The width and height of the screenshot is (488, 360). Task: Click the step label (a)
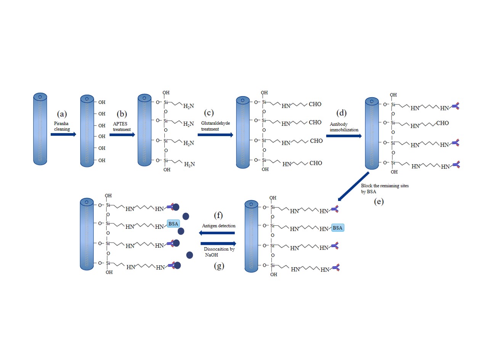[x=62, y=113]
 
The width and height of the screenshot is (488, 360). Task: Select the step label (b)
[x=121, y=113]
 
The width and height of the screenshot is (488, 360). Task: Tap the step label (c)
[x=209, y=113]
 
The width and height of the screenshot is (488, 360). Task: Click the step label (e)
[x=379, y=201]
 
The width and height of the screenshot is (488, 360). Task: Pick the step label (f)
[x=218, y=216]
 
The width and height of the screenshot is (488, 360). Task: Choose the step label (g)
[x=218, y=265]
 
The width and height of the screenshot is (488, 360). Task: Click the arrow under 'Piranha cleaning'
[x=63, y=134]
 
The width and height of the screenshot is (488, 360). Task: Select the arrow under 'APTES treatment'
[x=122, y=134]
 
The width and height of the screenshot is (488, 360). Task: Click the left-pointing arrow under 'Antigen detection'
[x=218, y=233]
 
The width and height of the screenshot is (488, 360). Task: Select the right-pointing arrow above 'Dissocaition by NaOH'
[x=218, y=243]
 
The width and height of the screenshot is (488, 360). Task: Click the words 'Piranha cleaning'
[x=62, y=127]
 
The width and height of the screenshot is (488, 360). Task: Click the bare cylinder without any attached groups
[x=40, y=129]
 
